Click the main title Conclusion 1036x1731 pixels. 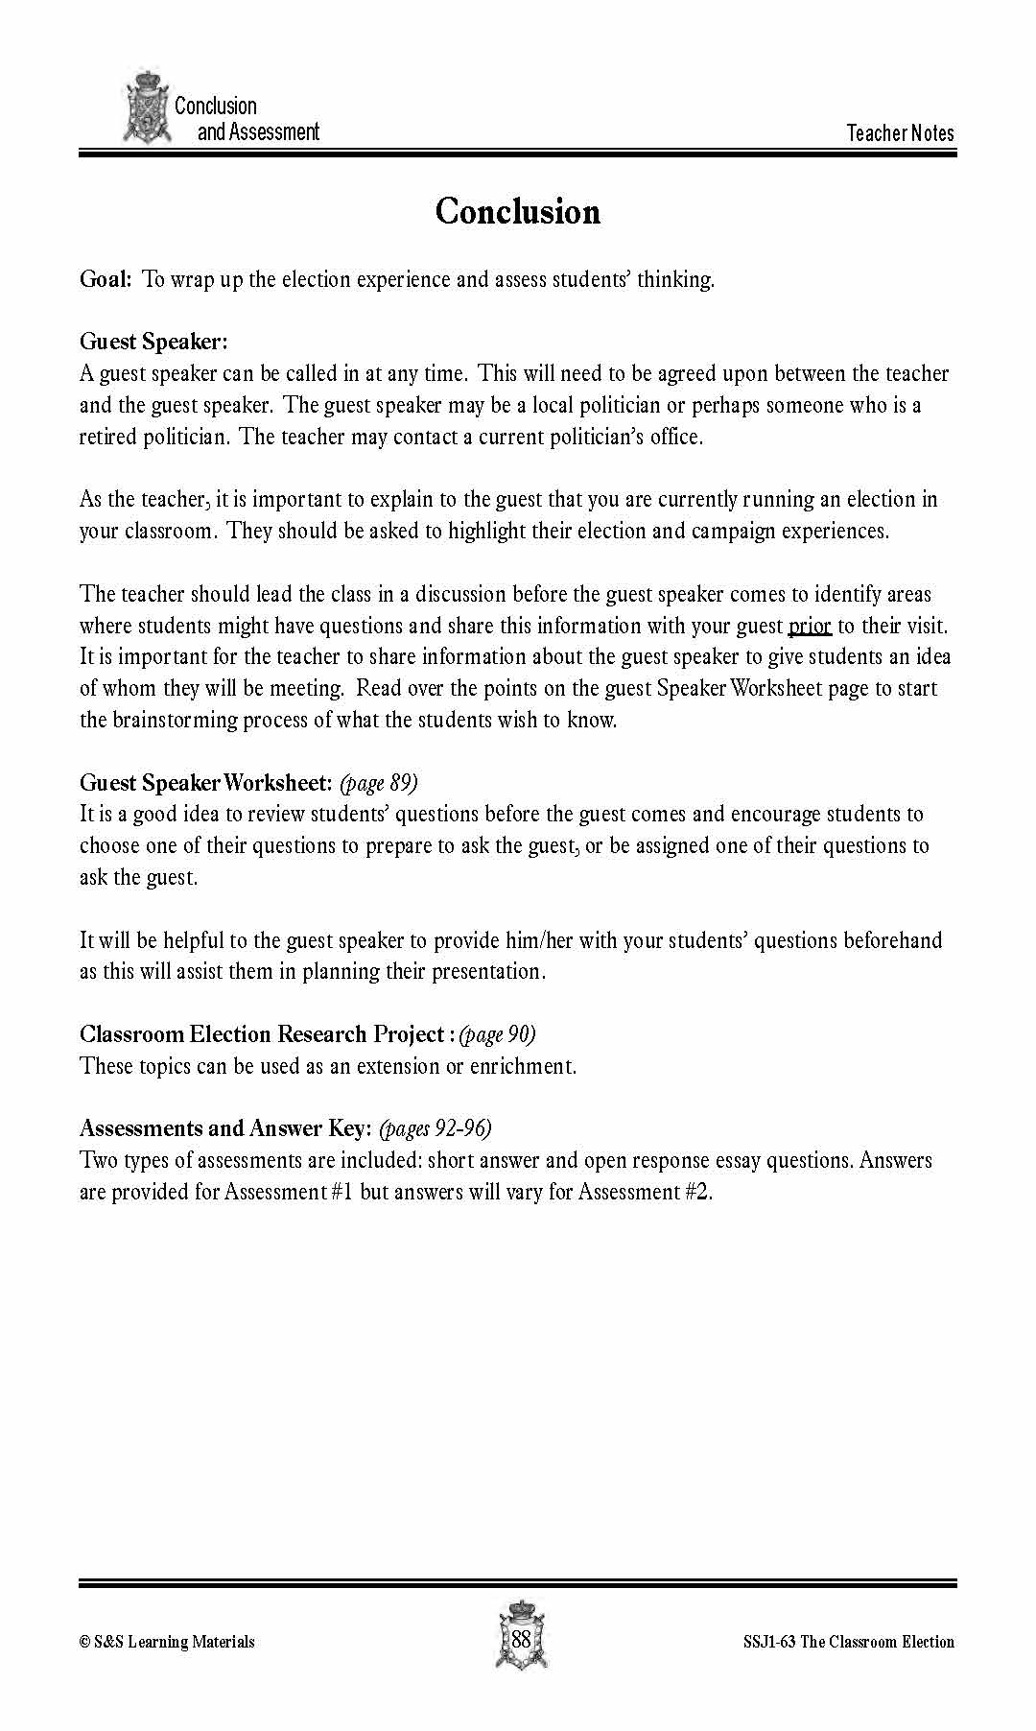(x=517, y=212)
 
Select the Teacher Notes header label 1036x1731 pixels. (x=900, y=133)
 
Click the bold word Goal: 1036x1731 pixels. (x=106, y=279)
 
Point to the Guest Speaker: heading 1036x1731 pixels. (x=153, y=342)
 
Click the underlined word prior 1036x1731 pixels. (x=809, y=626)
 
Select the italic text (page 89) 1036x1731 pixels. (x=379, y=783)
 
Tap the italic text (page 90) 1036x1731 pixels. (x=497, y=1034)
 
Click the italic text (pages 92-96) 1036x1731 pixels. (x=436, y=1128)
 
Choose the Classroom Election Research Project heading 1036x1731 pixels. (x=261, y=1034)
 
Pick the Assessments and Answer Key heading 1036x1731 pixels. (x=224, y=1128)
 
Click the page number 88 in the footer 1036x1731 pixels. (x=521, y=1639)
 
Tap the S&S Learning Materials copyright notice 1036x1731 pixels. (x=167, y=1642)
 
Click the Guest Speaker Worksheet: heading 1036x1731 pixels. (x=205, y=783)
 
